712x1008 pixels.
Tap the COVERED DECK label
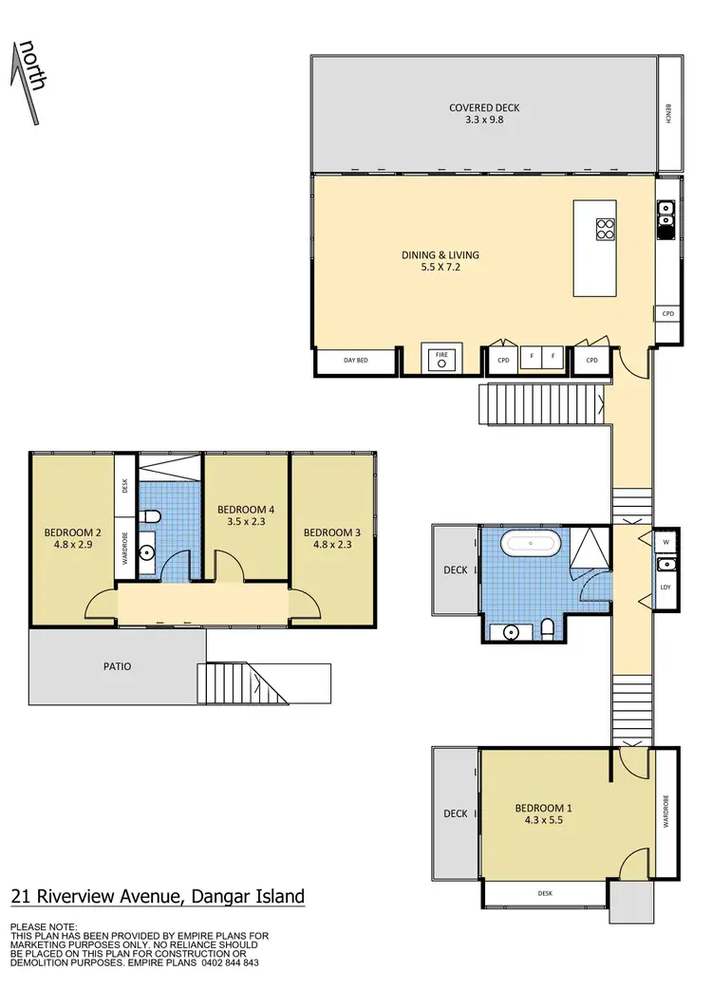click(484, 108)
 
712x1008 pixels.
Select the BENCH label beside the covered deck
click(668, 115)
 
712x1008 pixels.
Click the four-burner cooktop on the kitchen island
click(604, 228)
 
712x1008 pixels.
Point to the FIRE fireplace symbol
click(440, 359)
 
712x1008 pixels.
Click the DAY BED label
click(356, 361)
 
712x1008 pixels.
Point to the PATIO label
click(117, 666)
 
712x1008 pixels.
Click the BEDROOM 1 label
click(543, 808)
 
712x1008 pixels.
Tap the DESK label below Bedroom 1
click(544, 893)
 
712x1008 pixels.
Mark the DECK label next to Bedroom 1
click(456, 812)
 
